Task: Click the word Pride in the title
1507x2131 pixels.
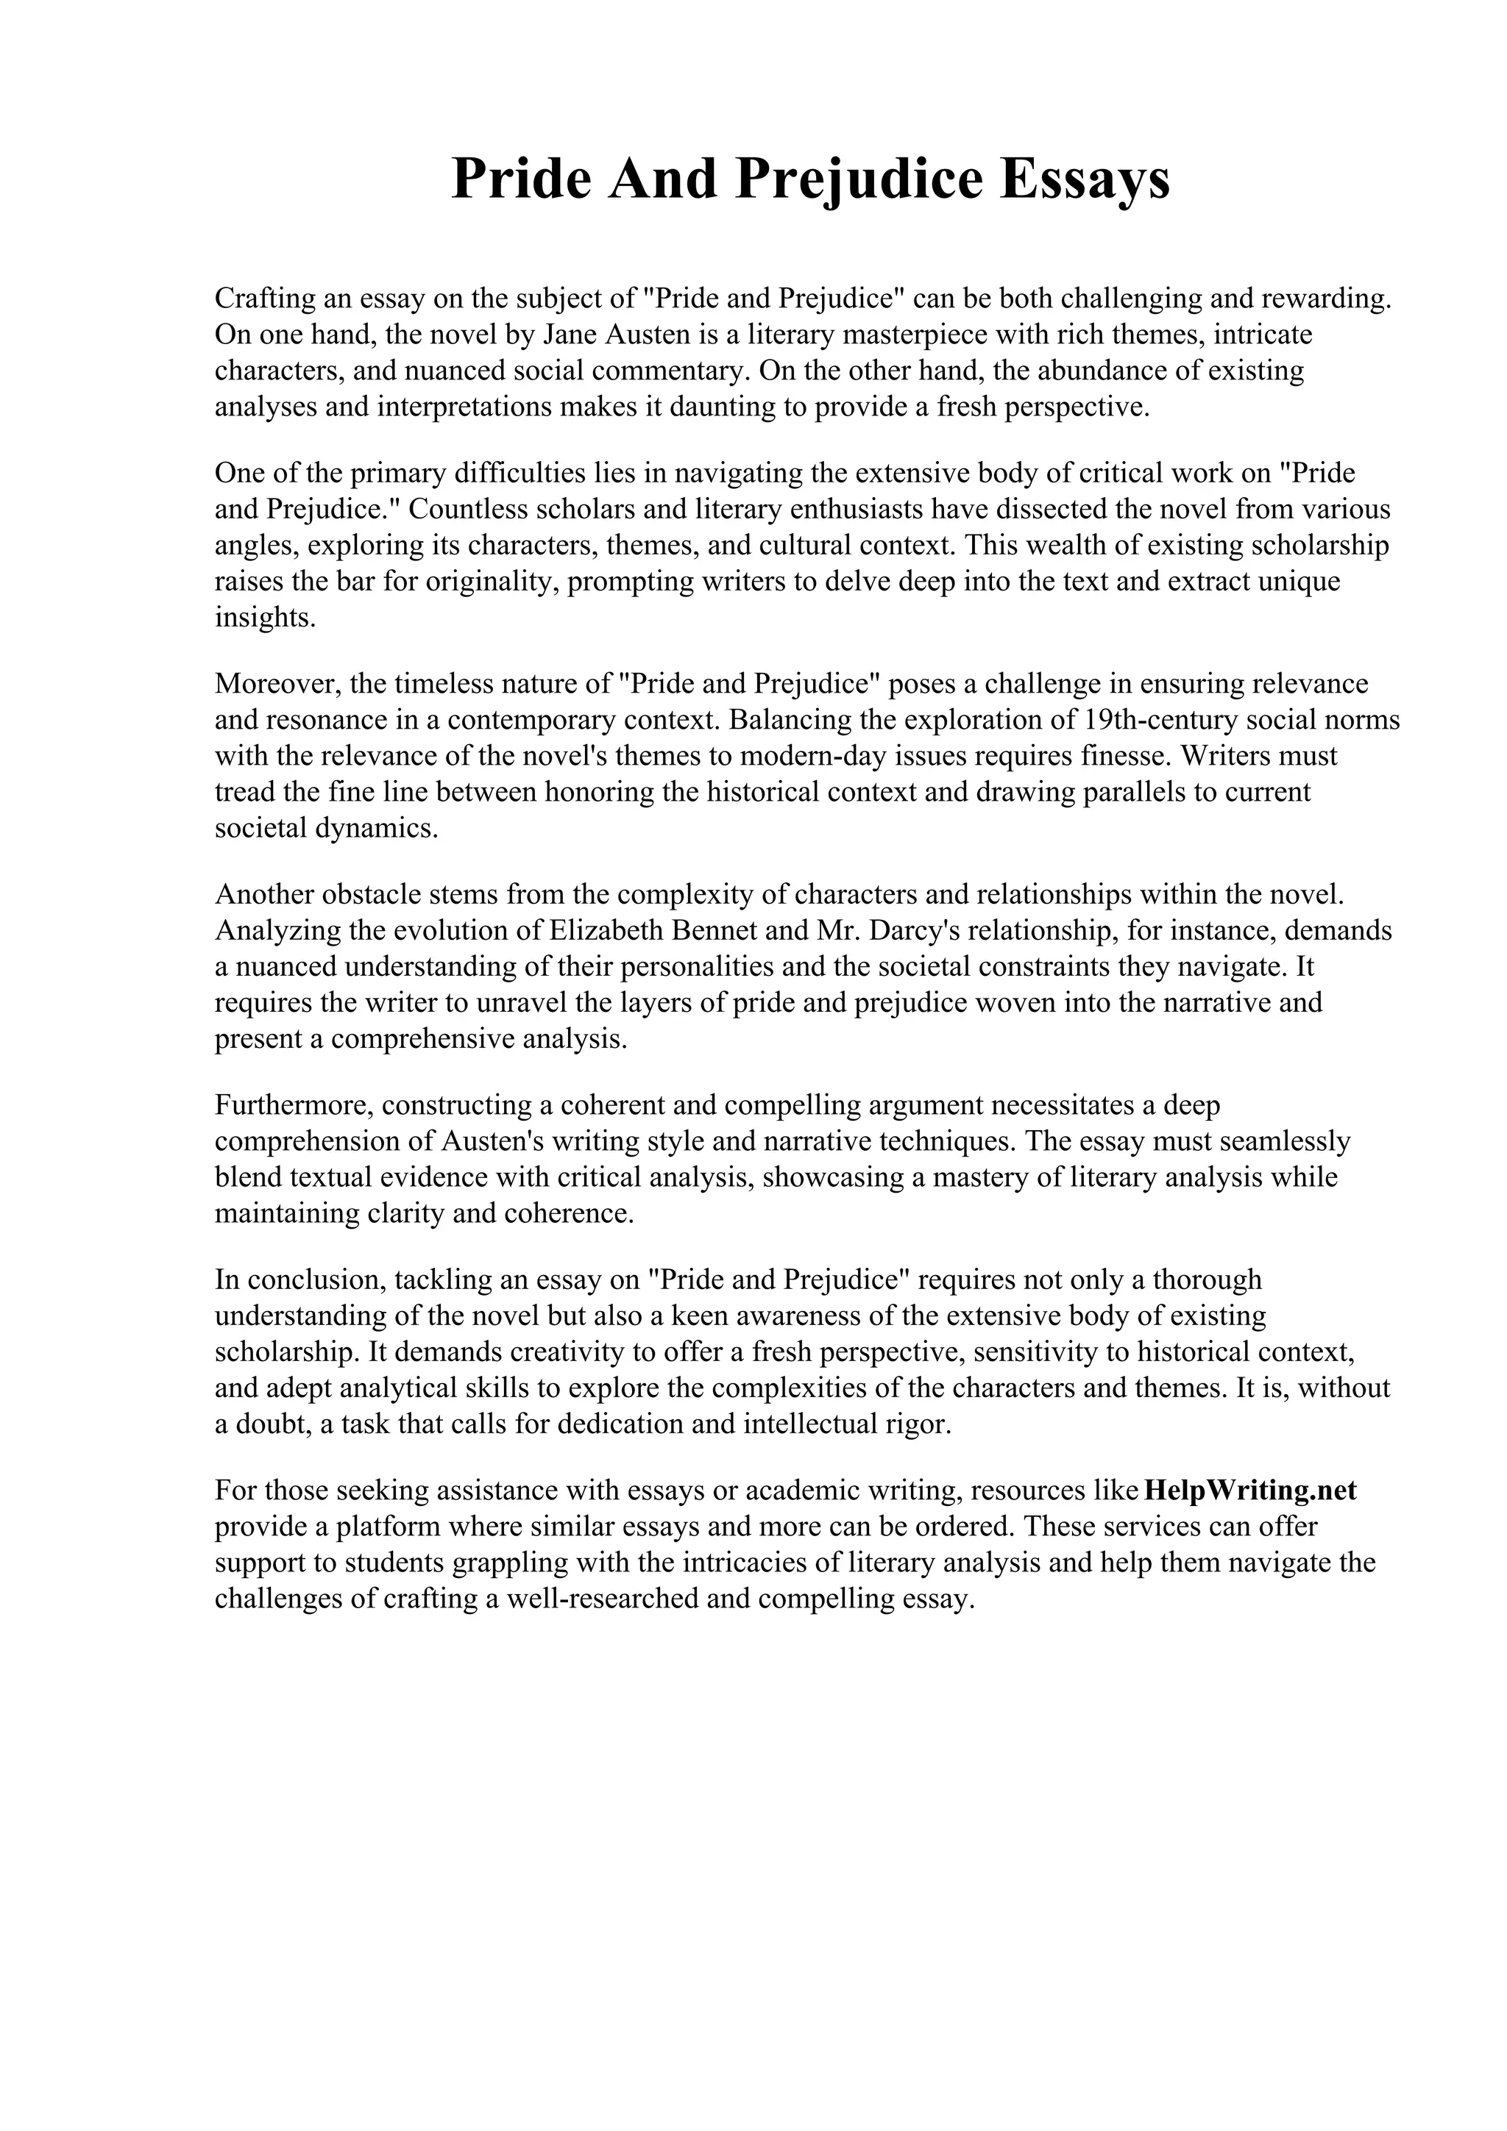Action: click(x=521, y=179)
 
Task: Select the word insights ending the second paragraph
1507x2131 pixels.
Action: click(x=265, y=618)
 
